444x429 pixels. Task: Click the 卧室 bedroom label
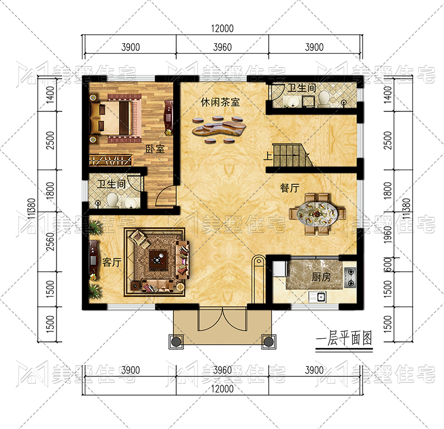pyautogui.click(x=155, y=149)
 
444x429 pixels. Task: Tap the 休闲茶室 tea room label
pyautogui.click(x=220, y=102)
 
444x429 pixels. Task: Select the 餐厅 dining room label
pyautogui.click(x=289, y=188)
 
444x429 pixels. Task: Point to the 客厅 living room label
pyautogui.click(x=112, y=263)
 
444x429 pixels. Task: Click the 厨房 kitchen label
pyautogui.click(x=321, y=277)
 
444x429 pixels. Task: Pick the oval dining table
pyautogui.click(x=317, y=213)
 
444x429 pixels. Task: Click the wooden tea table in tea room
pyautogui.click(x=218, y=129)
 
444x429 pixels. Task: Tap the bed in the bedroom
pyautogui.click(x=115, y=119)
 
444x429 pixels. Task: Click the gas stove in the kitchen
pyautogui.click(x=350, y=278)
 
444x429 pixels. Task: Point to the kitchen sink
pyautogui.click(x=318, y=297)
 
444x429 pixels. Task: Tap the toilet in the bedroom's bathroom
pyautogui.click(x=113, y=200)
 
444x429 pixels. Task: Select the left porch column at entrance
pyautogui.click(x=176, y=342)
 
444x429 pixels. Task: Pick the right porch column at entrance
pyautogui.click(x=268, y=342)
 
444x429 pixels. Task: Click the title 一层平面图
pyautogui.click(x=344, y=339)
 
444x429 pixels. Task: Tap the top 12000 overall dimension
pyautogui.click(x=222, y=29)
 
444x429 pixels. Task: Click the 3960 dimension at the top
pyautogui.click(x=222, y=47)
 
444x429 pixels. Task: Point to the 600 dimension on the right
pyautogui.click(x=388, y=264)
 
